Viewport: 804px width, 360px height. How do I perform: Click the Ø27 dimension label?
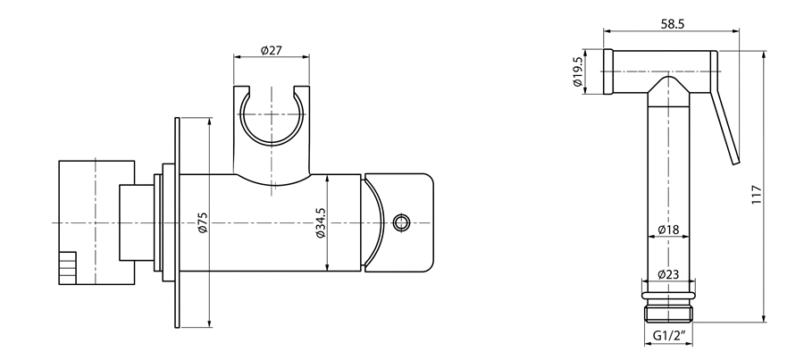[272, 50]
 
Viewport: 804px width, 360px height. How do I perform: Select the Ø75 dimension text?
[203, 222]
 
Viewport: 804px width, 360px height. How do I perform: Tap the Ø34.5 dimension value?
[321, 222]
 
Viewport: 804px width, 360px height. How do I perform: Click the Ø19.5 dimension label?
[577, 71]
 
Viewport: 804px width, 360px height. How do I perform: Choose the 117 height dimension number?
[757, 195]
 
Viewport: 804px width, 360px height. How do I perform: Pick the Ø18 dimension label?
[668, 230]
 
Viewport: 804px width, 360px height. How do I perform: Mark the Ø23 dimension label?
[668, 274]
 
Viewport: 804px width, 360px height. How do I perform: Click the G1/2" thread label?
[668, 336]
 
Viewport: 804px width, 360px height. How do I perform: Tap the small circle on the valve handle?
[401, 222]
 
